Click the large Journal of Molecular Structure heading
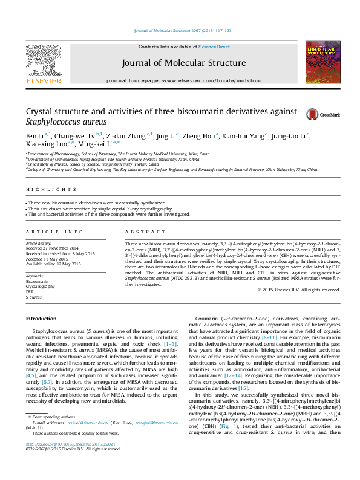pos(184,63)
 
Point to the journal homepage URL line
pos(184,80)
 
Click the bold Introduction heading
pos(41,318)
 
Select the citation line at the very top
pos(182,31)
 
